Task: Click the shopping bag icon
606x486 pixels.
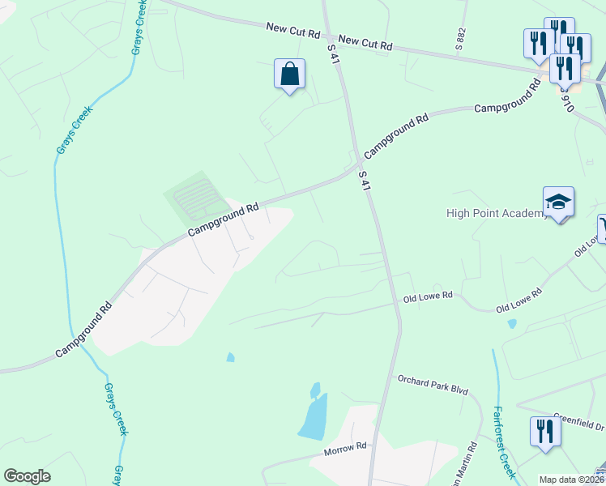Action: point(289,75)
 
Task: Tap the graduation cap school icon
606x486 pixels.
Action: point(558,201)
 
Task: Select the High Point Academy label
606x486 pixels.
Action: point(497,214)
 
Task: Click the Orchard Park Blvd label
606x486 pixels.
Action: point(433,384)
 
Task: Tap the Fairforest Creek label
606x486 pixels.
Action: point(503,441)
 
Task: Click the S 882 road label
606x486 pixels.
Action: point(461,36)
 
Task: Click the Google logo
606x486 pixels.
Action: point(27,476)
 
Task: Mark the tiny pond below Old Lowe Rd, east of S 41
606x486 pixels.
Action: point(512,324)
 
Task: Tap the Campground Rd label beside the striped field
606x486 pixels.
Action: point(224,220)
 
